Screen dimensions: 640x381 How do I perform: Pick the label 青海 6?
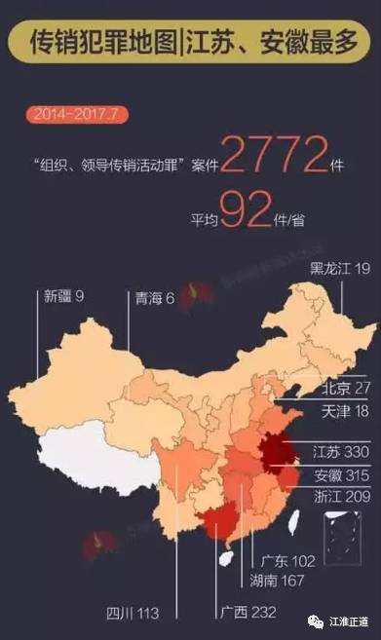point(157,297)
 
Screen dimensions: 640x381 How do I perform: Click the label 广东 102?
point(289,561)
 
